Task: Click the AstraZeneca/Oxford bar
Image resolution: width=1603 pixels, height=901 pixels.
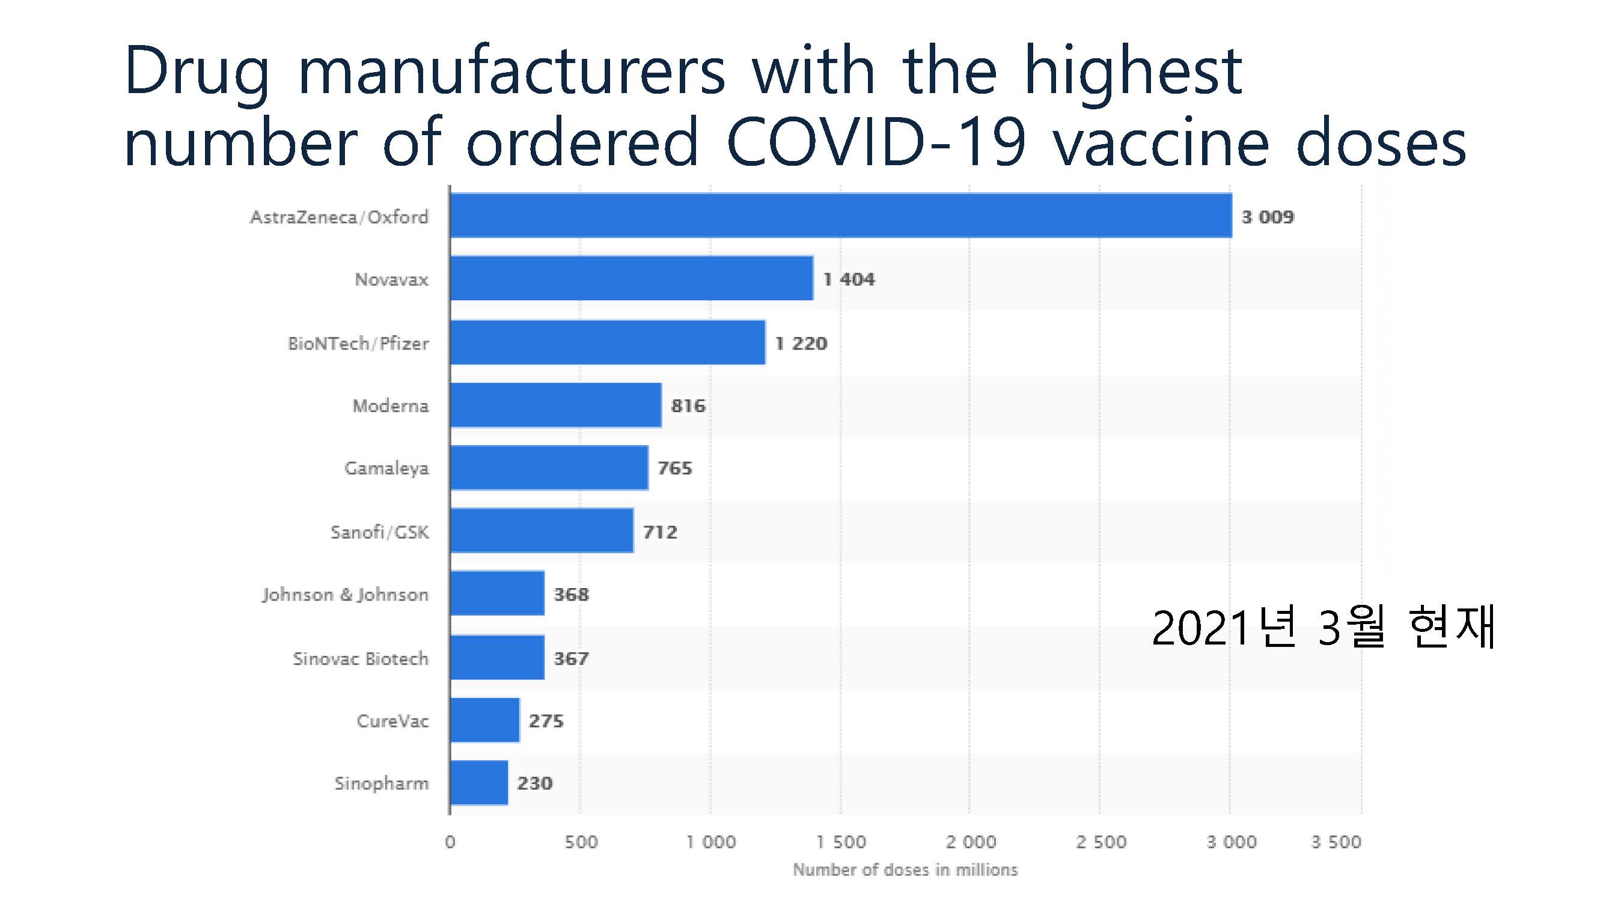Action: pos(840,216)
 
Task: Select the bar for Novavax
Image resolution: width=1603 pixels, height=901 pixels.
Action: pos(631,279)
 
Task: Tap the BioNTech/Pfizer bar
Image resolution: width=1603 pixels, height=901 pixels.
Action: pos(607,342)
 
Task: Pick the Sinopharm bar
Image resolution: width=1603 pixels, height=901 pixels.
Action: pos(478,783)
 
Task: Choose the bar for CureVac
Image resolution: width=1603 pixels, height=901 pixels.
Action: pos(485,720)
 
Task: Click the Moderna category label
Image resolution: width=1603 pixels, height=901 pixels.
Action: pos(390,406)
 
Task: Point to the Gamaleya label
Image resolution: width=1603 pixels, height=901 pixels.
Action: pos(386,469)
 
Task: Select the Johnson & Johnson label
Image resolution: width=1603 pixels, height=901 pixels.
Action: pos(346,595)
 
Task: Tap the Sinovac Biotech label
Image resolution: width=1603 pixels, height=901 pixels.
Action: pos(360,658)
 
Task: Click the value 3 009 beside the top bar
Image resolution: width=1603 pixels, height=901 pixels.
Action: pos(1268,217)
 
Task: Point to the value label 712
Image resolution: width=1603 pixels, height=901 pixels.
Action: pos(659,532)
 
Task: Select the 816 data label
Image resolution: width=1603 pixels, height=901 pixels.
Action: pos(688,406)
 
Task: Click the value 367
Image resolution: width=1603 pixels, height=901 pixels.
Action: pos(570,658)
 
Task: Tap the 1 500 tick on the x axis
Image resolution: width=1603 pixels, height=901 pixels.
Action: pos(841,842)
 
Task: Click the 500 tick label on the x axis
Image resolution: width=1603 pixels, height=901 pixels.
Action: pos(581,842)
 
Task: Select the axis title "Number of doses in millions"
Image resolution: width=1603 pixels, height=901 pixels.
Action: pos(905,870)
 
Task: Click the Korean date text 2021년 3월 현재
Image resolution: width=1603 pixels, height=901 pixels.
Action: pos(1323,629)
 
